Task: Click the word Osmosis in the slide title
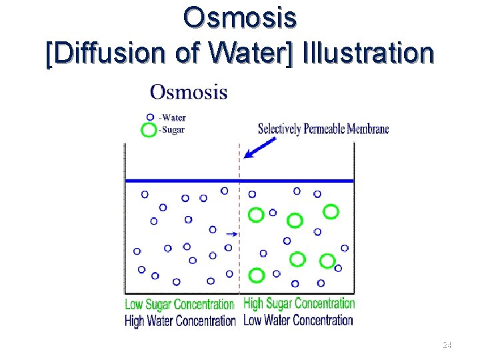240,18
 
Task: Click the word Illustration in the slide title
367,53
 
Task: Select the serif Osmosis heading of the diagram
189,92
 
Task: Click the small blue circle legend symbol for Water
151,117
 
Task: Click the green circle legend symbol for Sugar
149,130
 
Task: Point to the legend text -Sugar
171,130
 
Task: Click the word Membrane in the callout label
367,129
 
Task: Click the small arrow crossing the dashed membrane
231,234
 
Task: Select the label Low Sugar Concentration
179,305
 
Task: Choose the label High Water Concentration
180,321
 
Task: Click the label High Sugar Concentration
299,304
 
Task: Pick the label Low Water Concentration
298,320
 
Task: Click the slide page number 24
447,345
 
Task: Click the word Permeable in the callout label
324,129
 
